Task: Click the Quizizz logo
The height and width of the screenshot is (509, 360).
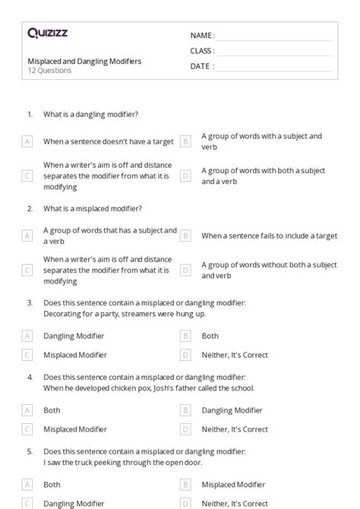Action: click(46, 33)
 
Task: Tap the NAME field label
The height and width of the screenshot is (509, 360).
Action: click(202, 36)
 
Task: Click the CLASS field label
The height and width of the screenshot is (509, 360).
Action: click(202, 51)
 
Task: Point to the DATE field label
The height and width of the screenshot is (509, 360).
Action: click(202, 66)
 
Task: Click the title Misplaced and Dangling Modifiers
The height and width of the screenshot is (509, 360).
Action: click(84, 61)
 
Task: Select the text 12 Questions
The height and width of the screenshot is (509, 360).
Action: click(49, 71)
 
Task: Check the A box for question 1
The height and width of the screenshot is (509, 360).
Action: click(27, 141)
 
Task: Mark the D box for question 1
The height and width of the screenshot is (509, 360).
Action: click(185, 175)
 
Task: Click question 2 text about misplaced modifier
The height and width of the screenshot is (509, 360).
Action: click(92, 208)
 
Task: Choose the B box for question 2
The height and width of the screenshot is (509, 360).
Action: click(185, 236)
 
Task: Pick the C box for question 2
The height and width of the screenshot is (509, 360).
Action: click(27, 270)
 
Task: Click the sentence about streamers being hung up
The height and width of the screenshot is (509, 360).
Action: click(113, 313)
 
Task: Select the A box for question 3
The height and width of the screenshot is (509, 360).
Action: click(27, 336)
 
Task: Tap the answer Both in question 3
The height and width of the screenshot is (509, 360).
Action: click(210, 336)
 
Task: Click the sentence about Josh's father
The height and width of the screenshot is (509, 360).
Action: click(148, 387)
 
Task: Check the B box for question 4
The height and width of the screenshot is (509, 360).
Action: click(185, 410)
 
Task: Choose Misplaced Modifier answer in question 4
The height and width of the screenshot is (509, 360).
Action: click(75, 429)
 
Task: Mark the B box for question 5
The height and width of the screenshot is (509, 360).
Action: click(185, 484)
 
